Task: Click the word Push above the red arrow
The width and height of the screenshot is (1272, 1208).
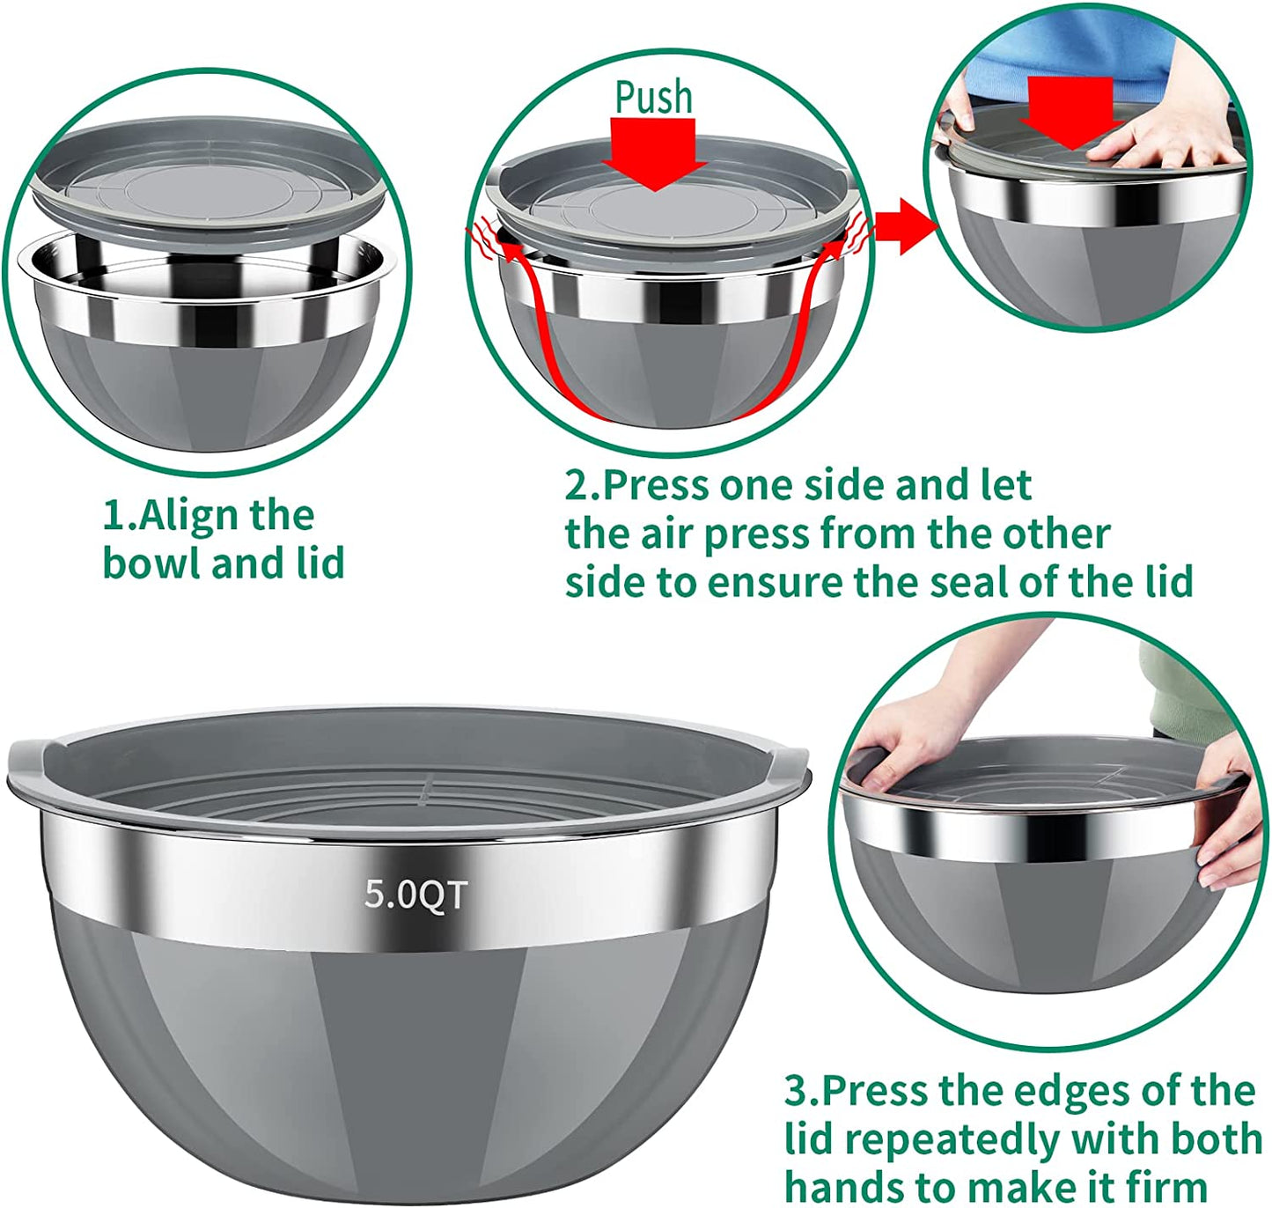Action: [x=653, y=97]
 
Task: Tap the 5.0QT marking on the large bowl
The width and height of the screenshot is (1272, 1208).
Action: [x=415, y=895]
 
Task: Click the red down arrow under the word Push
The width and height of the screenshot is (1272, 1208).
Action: [x=655, y=153]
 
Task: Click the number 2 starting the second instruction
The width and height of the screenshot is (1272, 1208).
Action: [x=577, y=486]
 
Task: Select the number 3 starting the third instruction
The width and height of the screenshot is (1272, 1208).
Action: [x=796, y=1092]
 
